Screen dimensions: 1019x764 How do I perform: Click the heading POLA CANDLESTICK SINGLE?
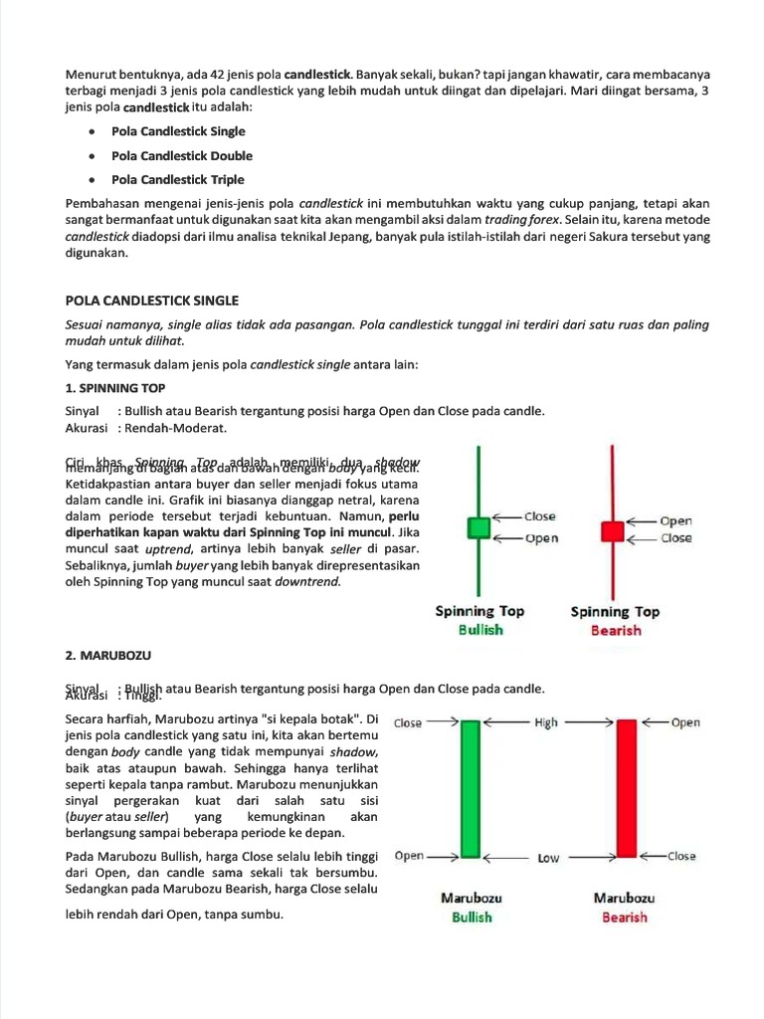pos(151,301)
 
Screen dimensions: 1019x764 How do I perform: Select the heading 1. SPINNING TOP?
pos(115,388)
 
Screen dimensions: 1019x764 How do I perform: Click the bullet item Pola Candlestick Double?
pos(182,155)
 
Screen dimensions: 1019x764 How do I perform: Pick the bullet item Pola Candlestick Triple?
pos(178,180)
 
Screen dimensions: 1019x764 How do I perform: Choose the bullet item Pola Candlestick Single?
pos(178,131)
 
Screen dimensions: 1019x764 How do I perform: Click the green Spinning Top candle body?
pos(479,527)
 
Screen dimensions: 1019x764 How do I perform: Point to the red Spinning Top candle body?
pos(612,530)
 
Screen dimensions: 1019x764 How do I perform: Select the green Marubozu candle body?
pos(471,789)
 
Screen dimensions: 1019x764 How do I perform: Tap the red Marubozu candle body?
pos(627,789)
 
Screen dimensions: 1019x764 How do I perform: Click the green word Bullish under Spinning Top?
pos(479,631)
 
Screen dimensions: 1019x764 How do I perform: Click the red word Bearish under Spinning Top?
pos(615,631)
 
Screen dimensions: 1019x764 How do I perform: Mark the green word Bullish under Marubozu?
pos(472,917)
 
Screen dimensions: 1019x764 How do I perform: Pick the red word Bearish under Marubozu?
pos(624,917)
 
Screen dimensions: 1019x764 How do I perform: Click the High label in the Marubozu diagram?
pos(547,723)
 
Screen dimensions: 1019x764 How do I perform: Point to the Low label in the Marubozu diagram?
pos(548,858)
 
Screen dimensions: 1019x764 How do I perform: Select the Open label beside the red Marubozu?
pos(685,723)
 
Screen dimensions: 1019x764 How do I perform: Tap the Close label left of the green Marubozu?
pos(409,723)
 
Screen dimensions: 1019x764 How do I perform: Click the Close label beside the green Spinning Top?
pos(540,516)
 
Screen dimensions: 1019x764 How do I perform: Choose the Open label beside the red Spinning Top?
pos(675,520)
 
